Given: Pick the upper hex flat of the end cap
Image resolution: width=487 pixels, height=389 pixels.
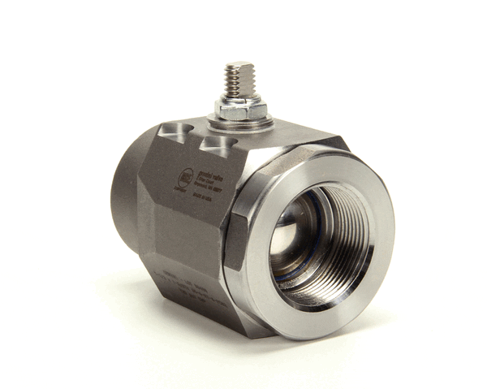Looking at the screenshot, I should (292, 154).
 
